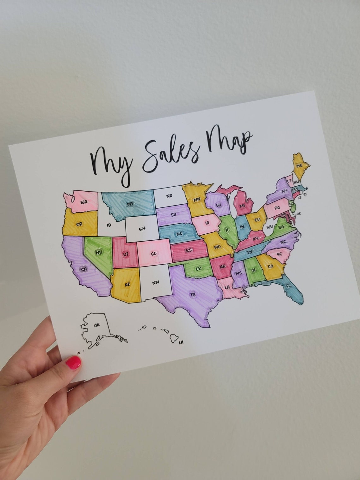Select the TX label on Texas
[193, 295]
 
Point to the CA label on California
[83, 269]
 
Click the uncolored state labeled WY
[142, 228]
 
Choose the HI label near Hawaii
[181, 342]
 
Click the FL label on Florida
[288, 286]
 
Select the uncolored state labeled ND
[169, 196]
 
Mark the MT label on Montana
[130, 204]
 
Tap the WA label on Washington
[84, 202]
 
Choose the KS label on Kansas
[189, 250]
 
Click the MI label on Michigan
[242, 206]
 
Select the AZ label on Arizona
[127, 285]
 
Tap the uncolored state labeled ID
[109, 225]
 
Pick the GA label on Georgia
[270, 267]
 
